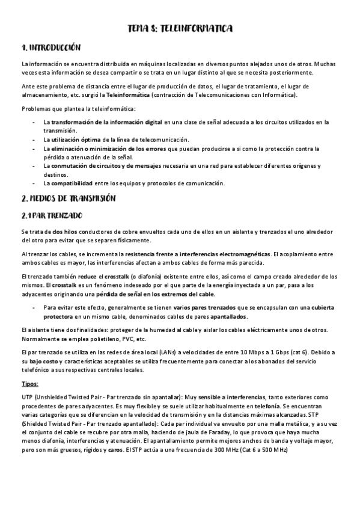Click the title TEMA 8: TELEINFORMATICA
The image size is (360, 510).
coord(180,28)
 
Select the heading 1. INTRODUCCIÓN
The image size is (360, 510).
coord(50,48)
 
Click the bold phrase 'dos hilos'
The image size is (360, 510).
coord(64,232)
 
